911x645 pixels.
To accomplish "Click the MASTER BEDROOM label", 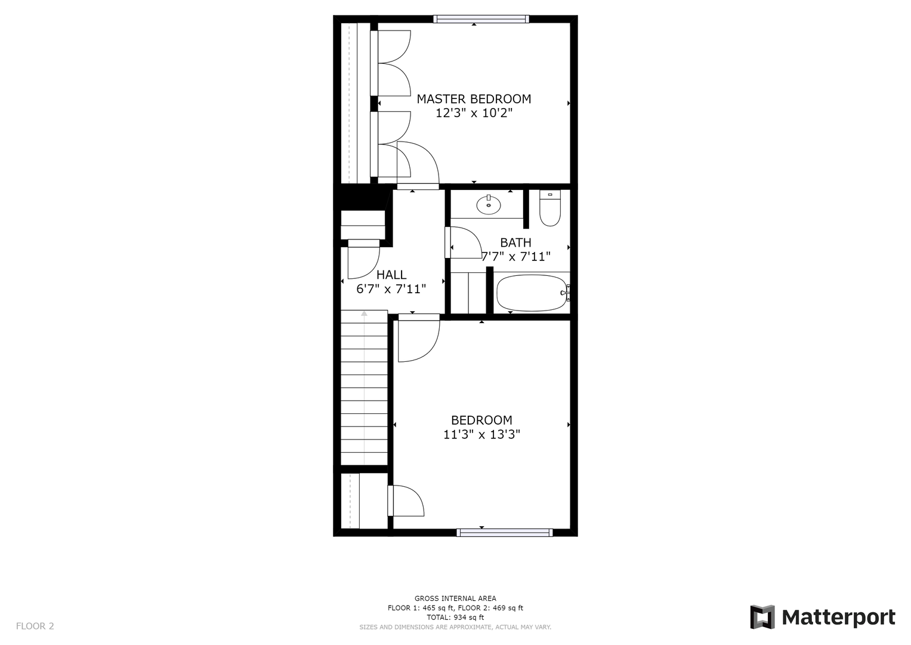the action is [474, 99].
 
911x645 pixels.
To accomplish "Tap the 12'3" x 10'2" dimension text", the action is [474, 113].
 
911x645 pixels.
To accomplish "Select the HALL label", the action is [391, 275].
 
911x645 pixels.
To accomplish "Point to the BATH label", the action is [515, 242].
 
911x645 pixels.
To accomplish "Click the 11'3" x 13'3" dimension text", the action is [481, 435].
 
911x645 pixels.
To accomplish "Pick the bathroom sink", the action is [489, 205].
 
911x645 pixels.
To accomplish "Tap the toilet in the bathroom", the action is [550, 208].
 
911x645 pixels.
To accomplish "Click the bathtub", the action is [532, 293].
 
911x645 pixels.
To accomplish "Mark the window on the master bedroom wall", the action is [481, 19].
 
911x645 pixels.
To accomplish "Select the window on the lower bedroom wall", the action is [505, 533].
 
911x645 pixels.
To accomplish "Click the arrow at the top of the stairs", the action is [364, 313].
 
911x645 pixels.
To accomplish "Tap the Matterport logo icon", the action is [762, 617].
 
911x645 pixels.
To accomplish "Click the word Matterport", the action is [839, 618].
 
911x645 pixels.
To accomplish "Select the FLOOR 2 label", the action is [35, 626].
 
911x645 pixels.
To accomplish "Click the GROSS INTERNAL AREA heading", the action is [456, 598].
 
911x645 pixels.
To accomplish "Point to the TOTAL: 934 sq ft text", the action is [456, 618].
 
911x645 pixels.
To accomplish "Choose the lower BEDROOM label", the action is [481, 420].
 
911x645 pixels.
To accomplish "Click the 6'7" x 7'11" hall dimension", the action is [391, 289].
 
